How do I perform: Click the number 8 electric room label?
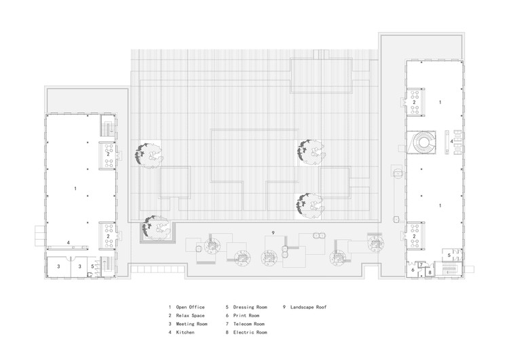430,272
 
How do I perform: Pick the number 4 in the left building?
68,242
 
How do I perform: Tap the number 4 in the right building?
451,141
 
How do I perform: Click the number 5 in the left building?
92,266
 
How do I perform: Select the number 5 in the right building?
449,254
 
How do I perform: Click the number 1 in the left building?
75,187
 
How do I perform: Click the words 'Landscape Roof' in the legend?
309,307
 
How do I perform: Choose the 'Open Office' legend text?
190,307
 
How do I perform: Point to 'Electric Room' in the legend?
250,333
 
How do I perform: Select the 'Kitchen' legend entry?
185,333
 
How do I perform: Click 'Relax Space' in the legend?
190,316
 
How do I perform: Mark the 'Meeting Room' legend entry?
191,324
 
